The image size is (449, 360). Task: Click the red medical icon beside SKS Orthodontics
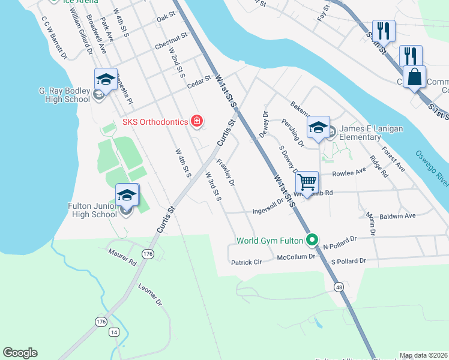(x=196, y=122)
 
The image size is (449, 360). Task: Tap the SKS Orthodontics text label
(x=155, y=122)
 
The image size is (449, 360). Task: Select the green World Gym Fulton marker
(x=312, y=241)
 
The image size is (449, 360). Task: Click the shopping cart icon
(x=307, y=182)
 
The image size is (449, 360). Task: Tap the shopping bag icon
(x=415, y=77)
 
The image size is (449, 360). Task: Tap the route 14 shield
(x=114, y=332)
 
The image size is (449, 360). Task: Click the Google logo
(x=20, y=352)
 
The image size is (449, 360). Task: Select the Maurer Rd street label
(x=122, y=257)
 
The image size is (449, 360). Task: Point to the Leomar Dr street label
(x=150, y=295)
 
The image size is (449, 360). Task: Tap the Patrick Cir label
(x=246, y=262)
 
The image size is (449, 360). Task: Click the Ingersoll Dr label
(x=267, y=211)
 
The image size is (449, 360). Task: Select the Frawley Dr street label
(x=225, y=172)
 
